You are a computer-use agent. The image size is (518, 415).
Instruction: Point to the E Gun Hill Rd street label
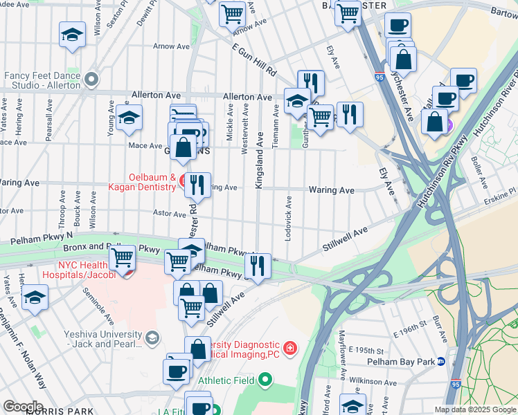coord(254,61)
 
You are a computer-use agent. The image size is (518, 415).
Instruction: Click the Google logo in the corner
coord(22,407)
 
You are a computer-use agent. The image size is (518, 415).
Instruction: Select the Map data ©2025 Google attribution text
coord(475,409)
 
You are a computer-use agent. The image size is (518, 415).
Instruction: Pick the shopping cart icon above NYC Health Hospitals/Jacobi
coord(123,257)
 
